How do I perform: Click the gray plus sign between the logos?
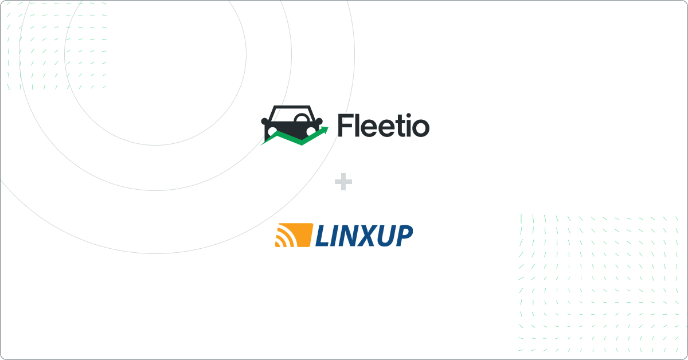343,182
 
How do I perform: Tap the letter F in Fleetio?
345,126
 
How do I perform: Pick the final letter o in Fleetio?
420,128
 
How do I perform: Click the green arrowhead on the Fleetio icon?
325,130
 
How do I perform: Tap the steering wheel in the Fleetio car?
302,118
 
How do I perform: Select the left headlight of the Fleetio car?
272,132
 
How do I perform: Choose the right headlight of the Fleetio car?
311,131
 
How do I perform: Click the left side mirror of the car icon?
264,121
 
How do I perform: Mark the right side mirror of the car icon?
319,121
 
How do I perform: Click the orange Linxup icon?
294,235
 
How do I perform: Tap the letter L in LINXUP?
323,236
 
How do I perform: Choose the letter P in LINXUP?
403,236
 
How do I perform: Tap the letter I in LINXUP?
335,236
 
